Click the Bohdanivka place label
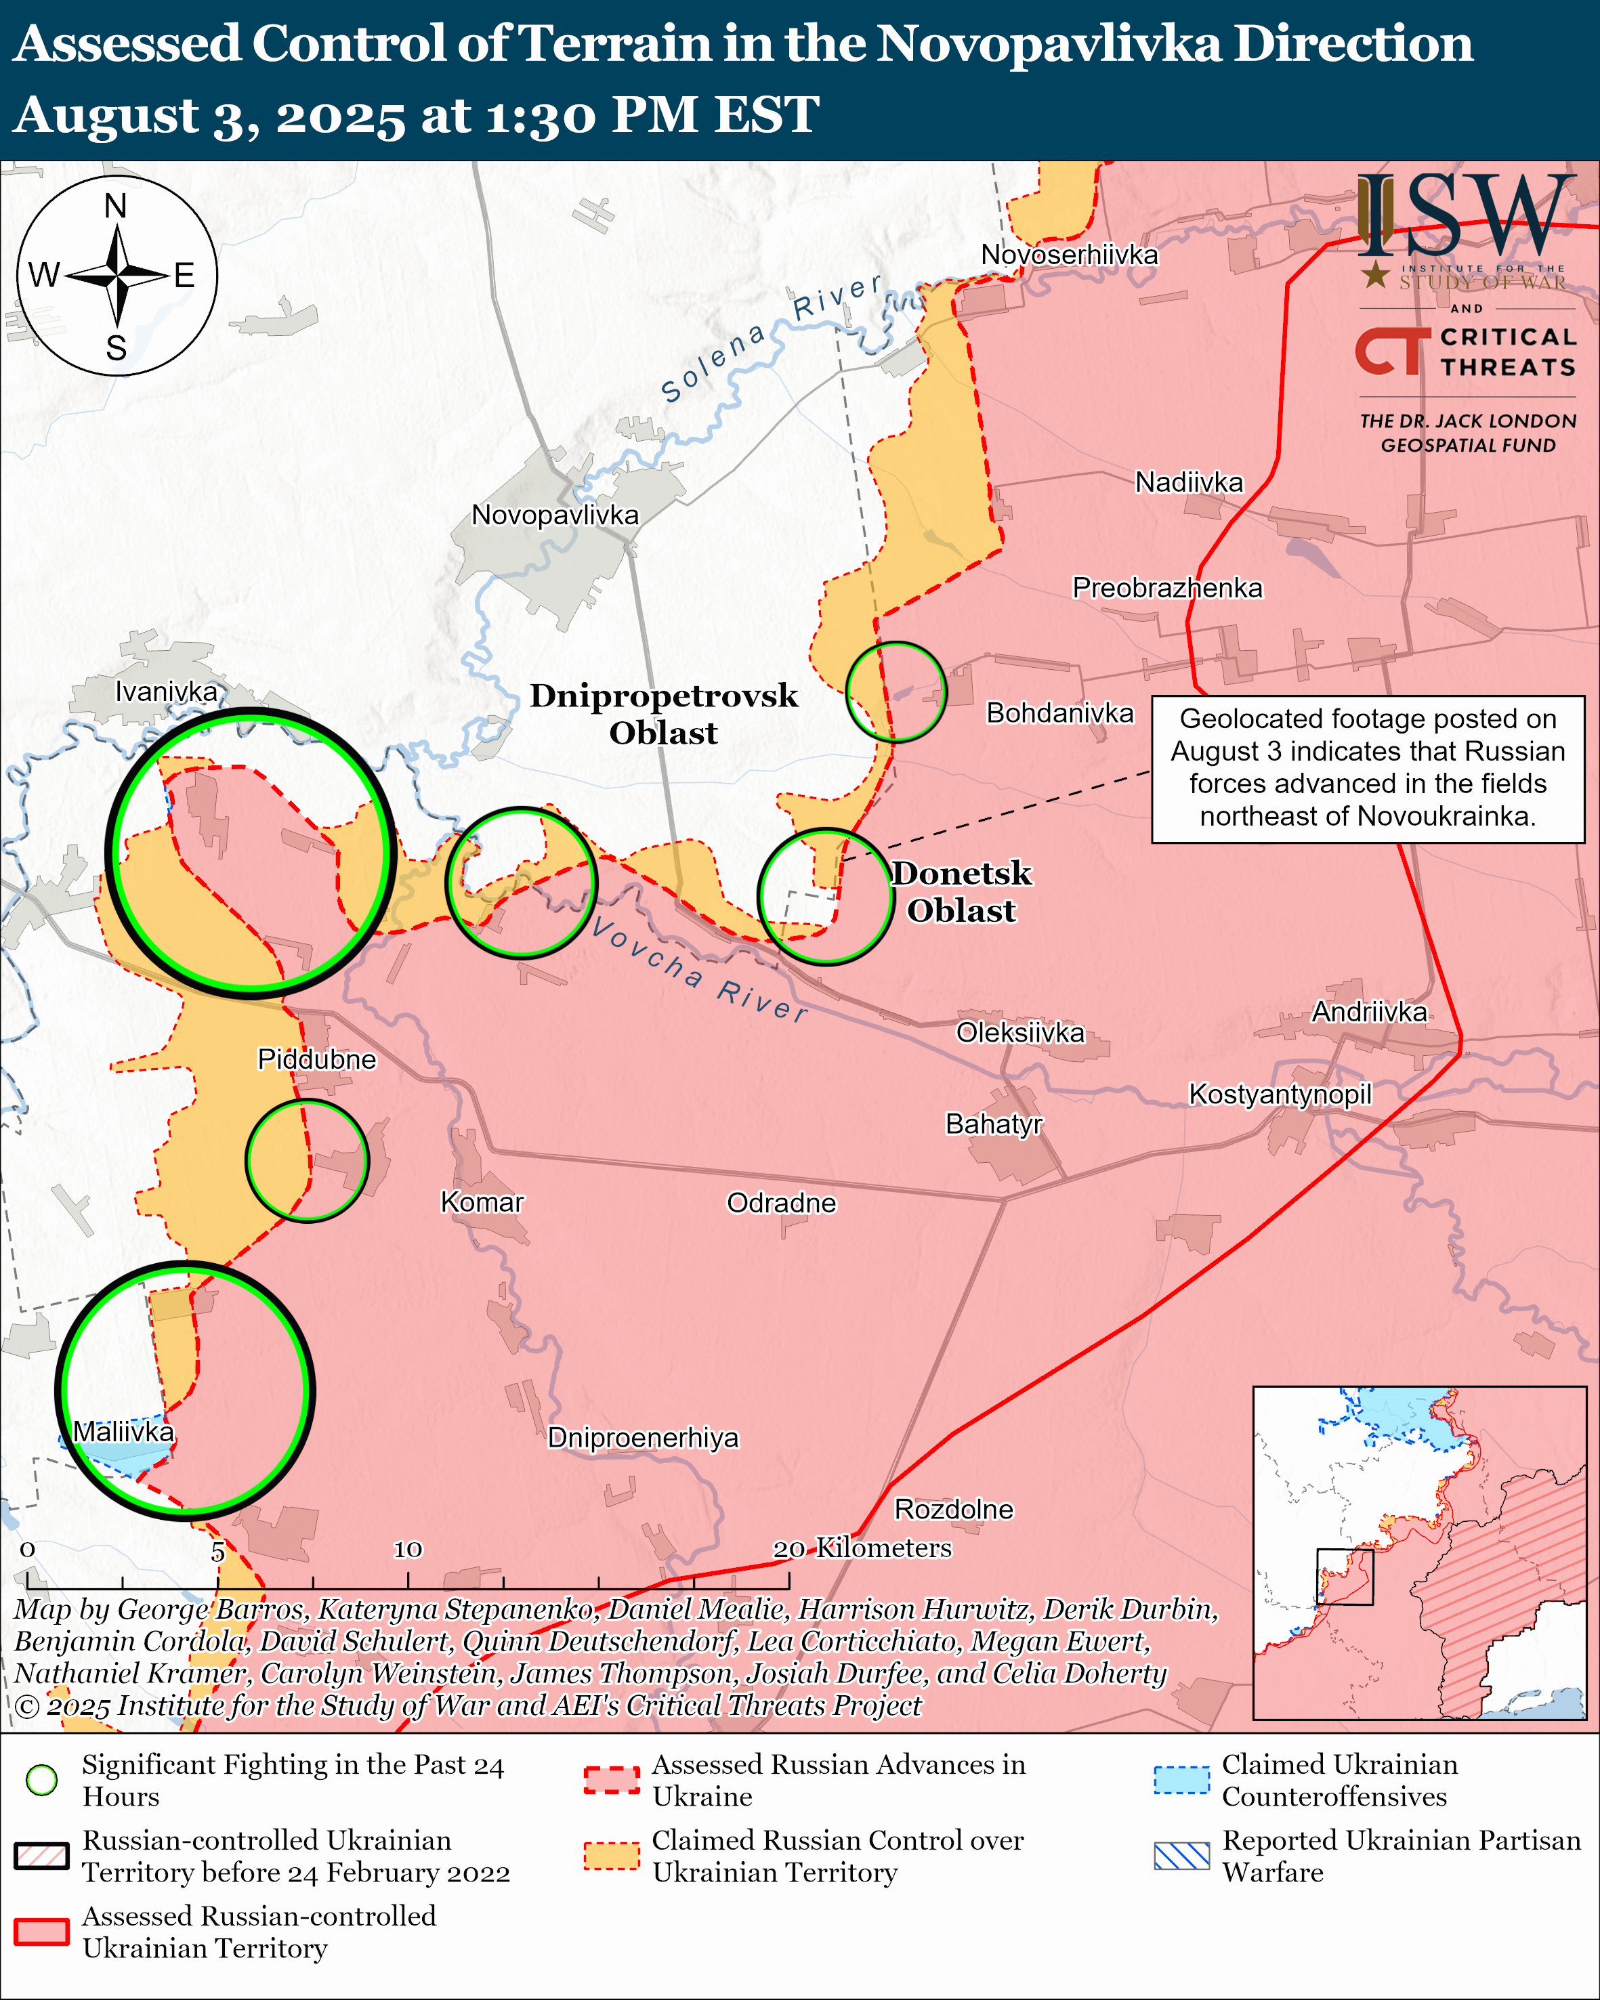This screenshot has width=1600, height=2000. click(x=1059, y=712)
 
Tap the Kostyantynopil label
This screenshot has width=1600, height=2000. click(x=1280, y=1094)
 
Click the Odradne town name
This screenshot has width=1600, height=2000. click(x=781, y=1202)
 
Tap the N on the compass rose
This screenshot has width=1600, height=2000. click(x=115, y=206)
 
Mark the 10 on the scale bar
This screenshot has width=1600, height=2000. click(x=407, y=1548)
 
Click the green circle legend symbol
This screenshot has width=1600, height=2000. click(x=42, y=1779)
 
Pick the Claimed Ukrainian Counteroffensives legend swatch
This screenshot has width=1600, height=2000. click(x=1181, y=1779)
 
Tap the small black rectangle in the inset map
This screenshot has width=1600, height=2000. click(x=1345, y=1576)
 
